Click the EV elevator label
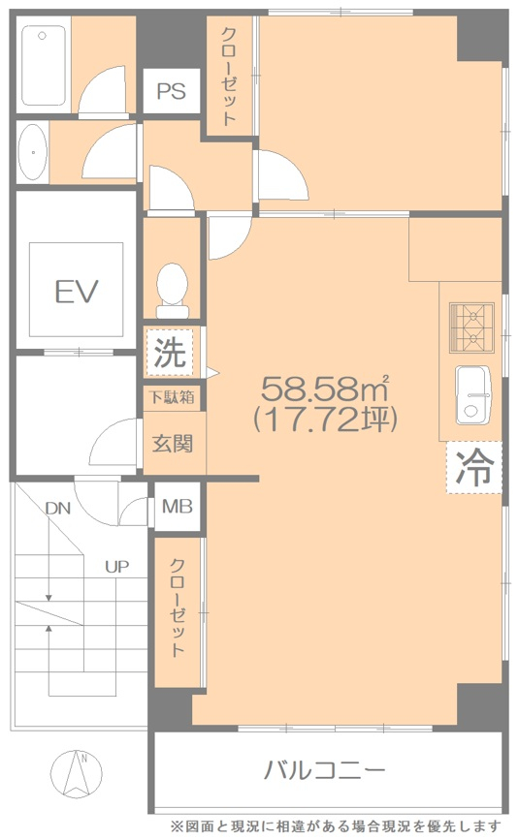click(x=77, y=291)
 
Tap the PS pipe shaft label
click(x=171, y=91)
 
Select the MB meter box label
click(x=177, y=507)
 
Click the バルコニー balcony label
click(x=324, y=770)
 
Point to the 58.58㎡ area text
click(x=325, y=389)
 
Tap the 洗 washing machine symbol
click(x=170, y=352)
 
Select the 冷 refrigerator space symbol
click(x=474, y=467)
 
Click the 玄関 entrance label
click(x=172, y=443)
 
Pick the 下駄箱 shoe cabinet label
click(x=171, y=397)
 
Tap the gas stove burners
click(x=471, y=327)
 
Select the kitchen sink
click(x=473, y=395)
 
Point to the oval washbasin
click(x=33, y=152)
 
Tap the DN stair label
click(x=58, y=508)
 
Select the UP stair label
click(x=116, y=566)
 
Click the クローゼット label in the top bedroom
click(x=229, y=77)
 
